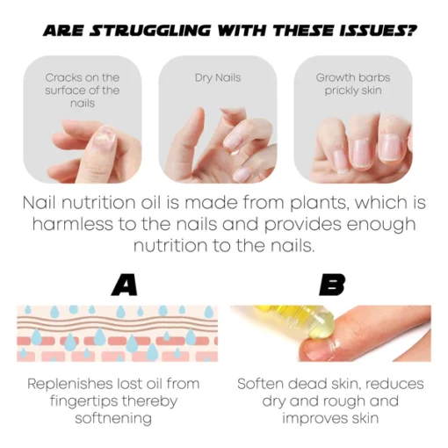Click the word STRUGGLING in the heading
(x=149, y=31)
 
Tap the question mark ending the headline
(x=410, y=31)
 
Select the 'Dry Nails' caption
(x=218, y=78)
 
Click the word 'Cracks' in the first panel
(x=63, y=77)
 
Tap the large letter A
(x=125, y=285)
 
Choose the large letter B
(x=332, y=285)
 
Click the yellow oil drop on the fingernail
(x=322, y=326)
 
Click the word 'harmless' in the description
(x=73, y=225)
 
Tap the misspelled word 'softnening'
(x=113, y=418)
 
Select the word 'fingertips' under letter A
(x=83, y=401)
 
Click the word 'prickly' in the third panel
(x=341, y=91)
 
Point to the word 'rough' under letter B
(x=344, y=401)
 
